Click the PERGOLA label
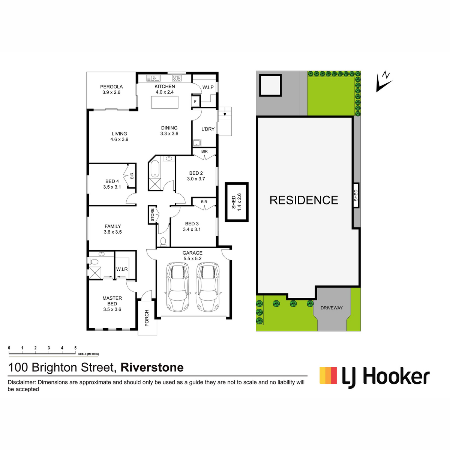[111, 87]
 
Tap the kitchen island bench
[165, 102]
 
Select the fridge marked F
[195, 102]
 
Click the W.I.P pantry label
[208, 87]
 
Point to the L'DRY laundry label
[208, 129]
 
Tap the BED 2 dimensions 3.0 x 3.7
[196, 179]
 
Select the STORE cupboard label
[152, 215]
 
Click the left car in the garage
[177, 286]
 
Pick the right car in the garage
[208, 286]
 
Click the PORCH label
[147, 318]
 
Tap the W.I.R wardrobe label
[122, 269]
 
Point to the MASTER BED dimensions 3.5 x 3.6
[112, 309]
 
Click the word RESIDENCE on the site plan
[304, 200]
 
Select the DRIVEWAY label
[331, 308]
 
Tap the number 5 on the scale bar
[75, 348]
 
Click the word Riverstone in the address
[152, 367]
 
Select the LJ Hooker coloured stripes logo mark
[328, 375]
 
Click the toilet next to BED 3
[163, 242]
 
